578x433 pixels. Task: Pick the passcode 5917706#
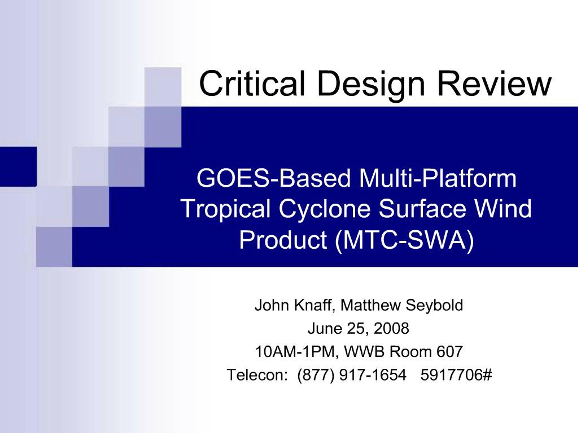tap(456, 375)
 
